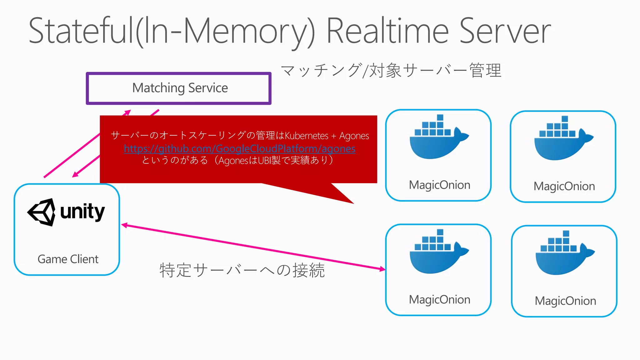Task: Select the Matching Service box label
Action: coord(180,88)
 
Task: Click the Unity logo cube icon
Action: coord(42,212)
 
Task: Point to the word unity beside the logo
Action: coord(82,212)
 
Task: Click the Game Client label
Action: coord(68,259)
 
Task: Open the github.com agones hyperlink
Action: coord(239,148)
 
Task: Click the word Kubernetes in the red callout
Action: coord(307,136)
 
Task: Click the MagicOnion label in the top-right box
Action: coord(564,186)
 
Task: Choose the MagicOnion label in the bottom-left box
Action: coord(439,300)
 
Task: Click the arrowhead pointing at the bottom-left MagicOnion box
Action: coord(382,269)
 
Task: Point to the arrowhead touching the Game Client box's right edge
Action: coord(124,225)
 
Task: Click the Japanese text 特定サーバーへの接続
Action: coord(242,270)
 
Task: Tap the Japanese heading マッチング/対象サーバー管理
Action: coord(391,70)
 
